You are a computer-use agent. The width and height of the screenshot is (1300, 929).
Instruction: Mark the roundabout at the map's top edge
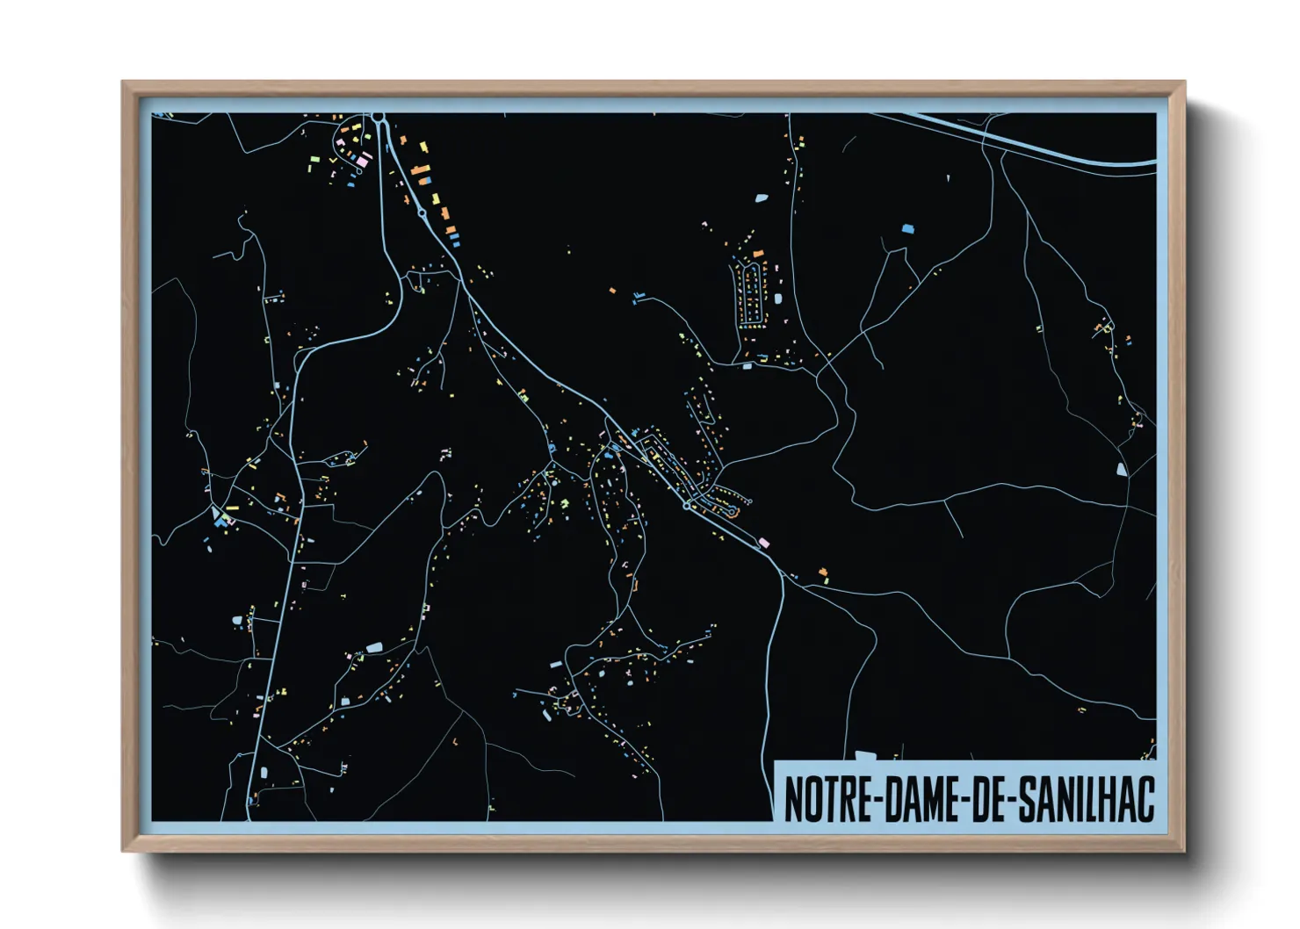coord(379,116)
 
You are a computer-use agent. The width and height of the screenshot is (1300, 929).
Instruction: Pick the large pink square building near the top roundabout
coord(362,160)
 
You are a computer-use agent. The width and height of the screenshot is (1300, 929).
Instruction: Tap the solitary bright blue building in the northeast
coord(907,228)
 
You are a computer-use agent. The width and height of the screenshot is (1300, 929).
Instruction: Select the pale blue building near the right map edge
coord(1121,469)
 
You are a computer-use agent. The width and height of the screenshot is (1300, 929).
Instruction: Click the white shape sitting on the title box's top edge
coord(865,755)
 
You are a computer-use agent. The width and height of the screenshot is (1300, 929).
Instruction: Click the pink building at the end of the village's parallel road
coord(764,542)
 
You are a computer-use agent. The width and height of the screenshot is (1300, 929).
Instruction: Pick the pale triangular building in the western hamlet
coord(215,511)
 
